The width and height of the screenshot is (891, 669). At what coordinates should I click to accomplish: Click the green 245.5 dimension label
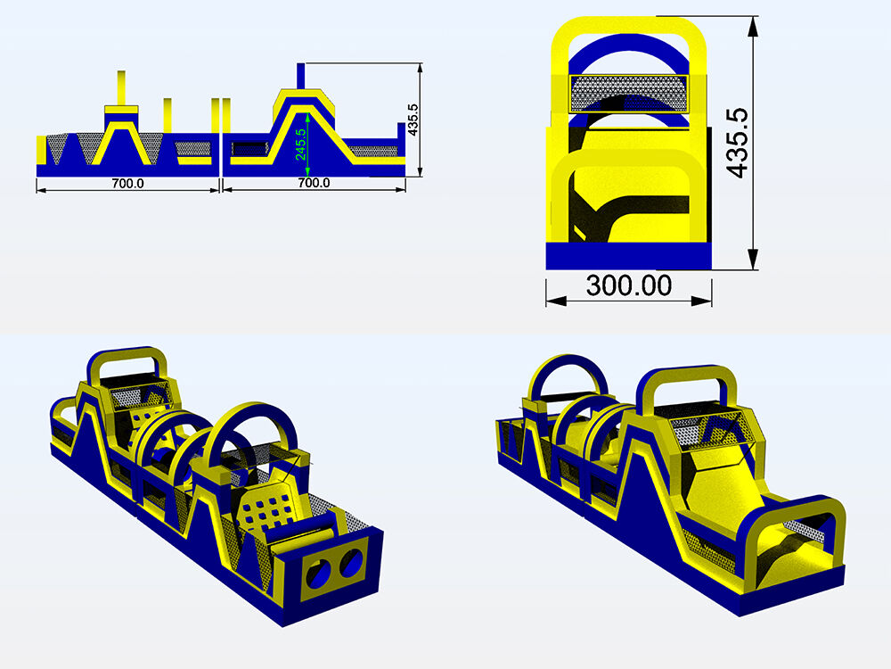click(300, 145)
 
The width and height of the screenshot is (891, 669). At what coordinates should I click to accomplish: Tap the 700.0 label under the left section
click(127, 183)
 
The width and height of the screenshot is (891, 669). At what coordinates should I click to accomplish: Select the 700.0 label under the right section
click(314, 183)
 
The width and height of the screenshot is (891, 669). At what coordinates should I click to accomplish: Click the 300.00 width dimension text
click(628, 285)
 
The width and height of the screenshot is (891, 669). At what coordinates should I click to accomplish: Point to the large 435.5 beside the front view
click(737, 143)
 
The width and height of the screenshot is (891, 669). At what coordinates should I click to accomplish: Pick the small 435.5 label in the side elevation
click(413, 120)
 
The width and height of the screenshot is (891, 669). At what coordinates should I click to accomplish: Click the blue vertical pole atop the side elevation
click(300, 76)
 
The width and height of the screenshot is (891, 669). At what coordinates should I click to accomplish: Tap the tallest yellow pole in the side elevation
click(121, 88)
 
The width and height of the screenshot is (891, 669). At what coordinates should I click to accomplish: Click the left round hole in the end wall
click(318, 573)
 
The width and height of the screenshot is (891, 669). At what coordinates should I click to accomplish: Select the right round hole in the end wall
click(351, 562)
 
